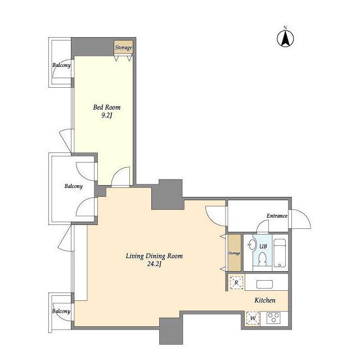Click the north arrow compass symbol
click(x=285, y=38)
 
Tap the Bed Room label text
click(x=107, y=107)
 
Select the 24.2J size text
click(x=154, y=264)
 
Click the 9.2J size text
click(x=106, y=115)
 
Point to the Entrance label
click(x=277, y=216)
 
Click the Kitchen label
click(x=265, y=300)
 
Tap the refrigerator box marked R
click(x=236, y=282)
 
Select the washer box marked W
click(x=253, y=318)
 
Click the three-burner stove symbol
click(x=274, y=318)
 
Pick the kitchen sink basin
click(x=264, y=285)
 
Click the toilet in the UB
click(x=262, y=259)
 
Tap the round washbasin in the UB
click(x=253, y=245)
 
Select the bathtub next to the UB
click(x=280, y=253)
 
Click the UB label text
click(x=263, y=246)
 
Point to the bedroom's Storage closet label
click(x=124, y=47)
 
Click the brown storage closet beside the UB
click(x=234, y=253)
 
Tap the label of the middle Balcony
click(x=74, y=186)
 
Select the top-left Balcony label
click(x=61, y=65)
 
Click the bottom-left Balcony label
click(x=61, y=311)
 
